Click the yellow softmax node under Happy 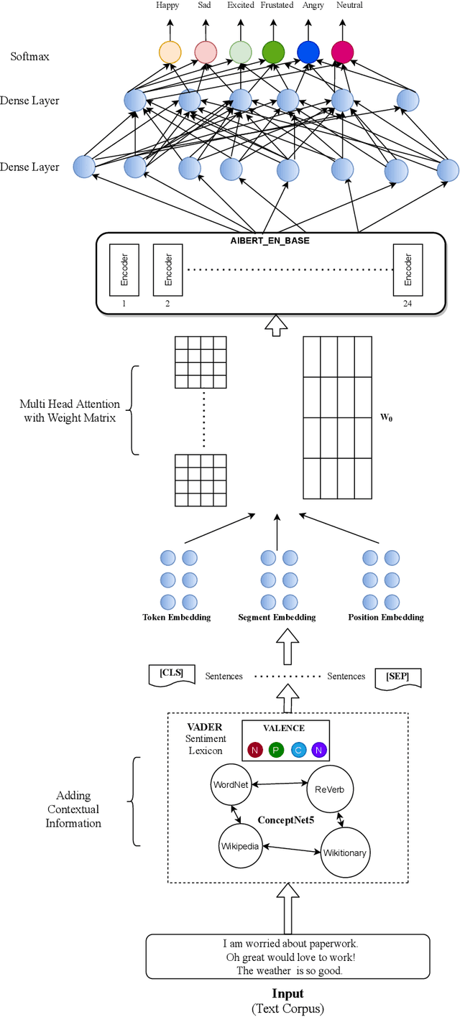click(x=170, y=52)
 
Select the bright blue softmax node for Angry click(x=308, y=52)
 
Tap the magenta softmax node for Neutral click(x=342, y=52)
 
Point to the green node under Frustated click(x=273, y=52)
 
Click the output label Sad click(x=205, y=6)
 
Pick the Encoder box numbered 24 click(x=408, y=269)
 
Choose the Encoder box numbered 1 click(x=124, y=269)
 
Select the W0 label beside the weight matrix click(x=387, y=417)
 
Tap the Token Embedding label click(x=176, y=617)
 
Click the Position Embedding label click(x=385, y=617)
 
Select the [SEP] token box click(x=397, y=677)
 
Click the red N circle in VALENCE click(x=255, y=751)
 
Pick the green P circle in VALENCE click(x=277, y=751)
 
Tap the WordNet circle click(x=230, y=784)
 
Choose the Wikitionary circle click(x=344, y=853)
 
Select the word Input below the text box click(x=287, y=993)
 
